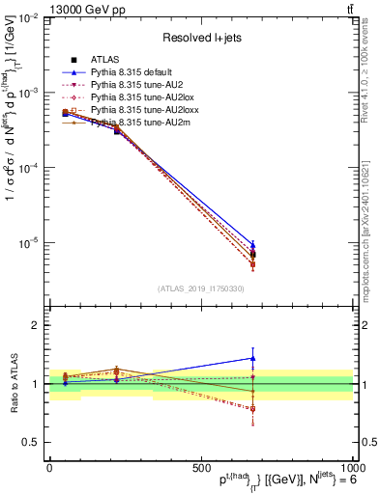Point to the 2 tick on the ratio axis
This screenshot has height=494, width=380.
click(37, 325)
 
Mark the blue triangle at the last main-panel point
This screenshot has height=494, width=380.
click(252, 245)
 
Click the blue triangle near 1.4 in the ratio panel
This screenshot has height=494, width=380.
click(252, 358)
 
